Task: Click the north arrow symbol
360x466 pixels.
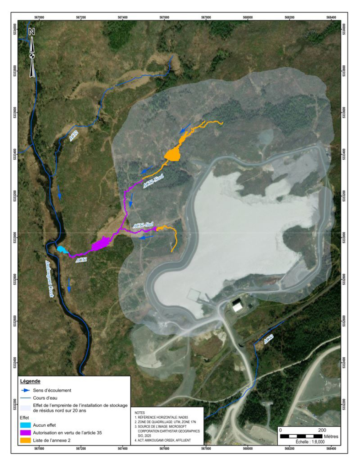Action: tap(32, 53)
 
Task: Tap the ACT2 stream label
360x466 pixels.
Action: tap(74, 136)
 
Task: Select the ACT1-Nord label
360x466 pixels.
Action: tap(153, 182)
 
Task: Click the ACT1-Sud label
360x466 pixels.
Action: tap(143, 225)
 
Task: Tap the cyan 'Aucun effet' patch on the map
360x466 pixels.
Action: tap(62, 250)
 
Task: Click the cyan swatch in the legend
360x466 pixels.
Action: tap(25, 425)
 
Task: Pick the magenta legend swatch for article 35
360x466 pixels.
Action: tap(25, 433)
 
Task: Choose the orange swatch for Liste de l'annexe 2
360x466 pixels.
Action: tap(25, 440)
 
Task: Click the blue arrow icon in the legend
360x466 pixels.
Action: tap(25, 390)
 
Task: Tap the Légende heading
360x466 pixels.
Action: tap(30, 381)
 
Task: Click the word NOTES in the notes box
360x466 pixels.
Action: tap(140, 413)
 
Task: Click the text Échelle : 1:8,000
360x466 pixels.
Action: tap(310, 442)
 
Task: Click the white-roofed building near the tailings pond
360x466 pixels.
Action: tap(238, 306)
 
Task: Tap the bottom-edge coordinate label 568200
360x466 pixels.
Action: tap(289, 449)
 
